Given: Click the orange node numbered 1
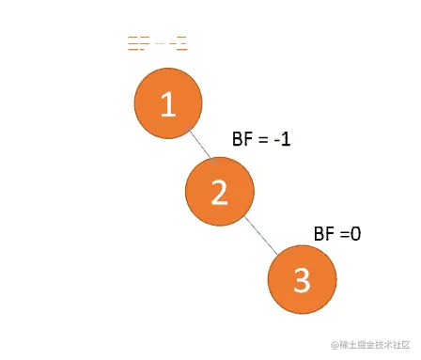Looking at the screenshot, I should [x=168, y=104].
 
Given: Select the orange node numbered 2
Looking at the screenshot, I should [x=219, y=191].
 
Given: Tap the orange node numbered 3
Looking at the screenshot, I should [x=301, y=279].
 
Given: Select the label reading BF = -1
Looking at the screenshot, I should [x=262, y=139].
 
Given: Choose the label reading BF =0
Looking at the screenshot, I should [x=336, y=232].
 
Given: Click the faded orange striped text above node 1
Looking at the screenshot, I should [x=157, y=43].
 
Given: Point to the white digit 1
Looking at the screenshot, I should [x=168, y=104].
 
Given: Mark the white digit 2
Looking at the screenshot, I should [x=219, y=192].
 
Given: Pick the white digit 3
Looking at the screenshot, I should [x=301, y=280].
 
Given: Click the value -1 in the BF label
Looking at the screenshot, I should [x=285, y=139].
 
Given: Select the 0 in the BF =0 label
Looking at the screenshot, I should [x=355, y=232].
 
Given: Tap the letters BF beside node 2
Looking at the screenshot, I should [x=242, y=139].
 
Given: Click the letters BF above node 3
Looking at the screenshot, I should [x=322, y=232].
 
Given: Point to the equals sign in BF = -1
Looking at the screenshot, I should [x=262, y=140].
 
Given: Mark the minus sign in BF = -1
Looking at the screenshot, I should [x=278, y=140].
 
